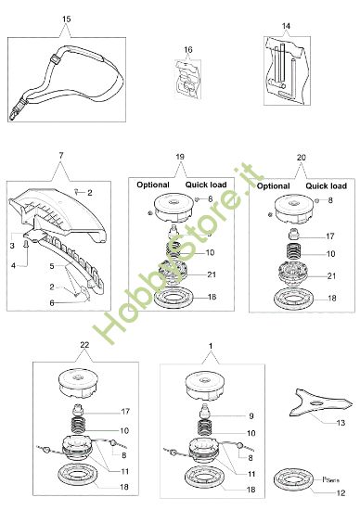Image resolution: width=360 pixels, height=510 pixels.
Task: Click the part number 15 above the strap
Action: pos(65,19)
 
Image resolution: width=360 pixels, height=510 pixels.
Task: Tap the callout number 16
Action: pos(187,48)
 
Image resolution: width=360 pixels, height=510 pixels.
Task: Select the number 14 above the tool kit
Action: pos(286,24)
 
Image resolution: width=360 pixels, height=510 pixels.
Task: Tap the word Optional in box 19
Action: pos(153,185)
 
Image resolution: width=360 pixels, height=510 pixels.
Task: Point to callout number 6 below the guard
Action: pos(51,302)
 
